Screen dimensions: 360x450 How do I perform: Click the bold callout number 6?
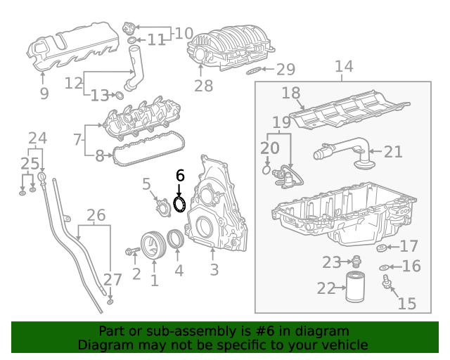point(179,176)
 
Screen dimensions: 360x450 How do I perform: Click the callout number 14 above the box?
point(344,67)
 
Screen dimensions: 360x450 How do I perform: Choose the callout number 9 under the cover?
point(44,94)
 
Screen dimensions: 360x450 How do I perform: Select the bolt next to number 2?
point(132,251)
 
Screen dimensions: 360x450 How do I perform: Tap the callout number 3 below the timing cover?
point(214,269)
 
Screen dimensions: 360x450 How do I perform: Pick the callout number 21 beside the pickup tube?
point(393,150)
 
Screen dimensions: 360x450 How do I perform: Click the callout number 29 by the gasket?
point(285,69)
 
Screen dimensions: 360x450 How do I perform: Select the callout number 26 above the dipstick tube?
point(96,215)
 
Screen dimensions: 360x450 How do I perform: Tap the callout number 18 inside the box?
point(291,94)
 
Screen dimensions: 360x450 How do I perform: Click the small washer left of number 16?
point(383,267)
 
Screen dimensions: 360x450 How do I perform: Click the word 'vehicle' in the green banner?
point(345,345)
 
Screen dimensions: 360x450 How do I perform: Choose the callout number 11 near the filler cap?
point(156,40)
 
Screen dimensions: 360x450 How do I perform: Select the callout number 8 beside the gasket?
point(99,156)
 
